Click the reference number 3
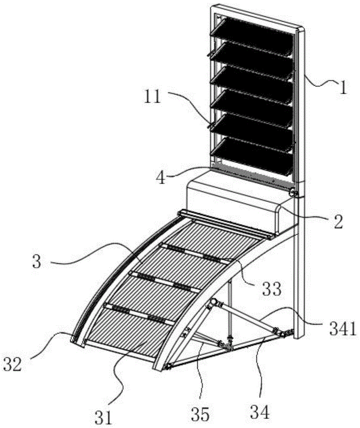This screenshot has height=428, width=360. [x=37, y=262]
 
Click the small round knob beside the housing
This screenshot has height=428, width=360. [x=294, y=193]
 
